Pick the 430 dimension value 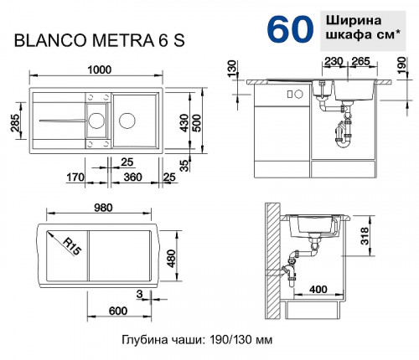point(193,122)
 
